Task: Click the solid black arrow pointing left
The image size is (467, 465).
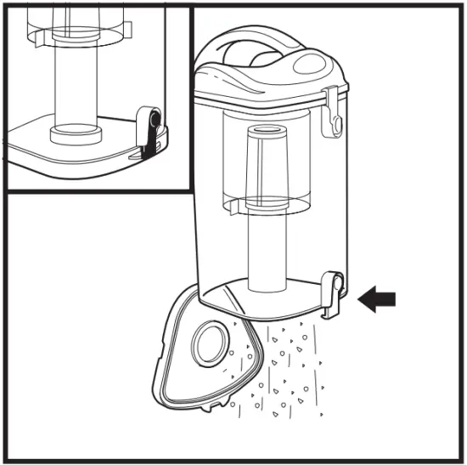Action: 377,298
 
